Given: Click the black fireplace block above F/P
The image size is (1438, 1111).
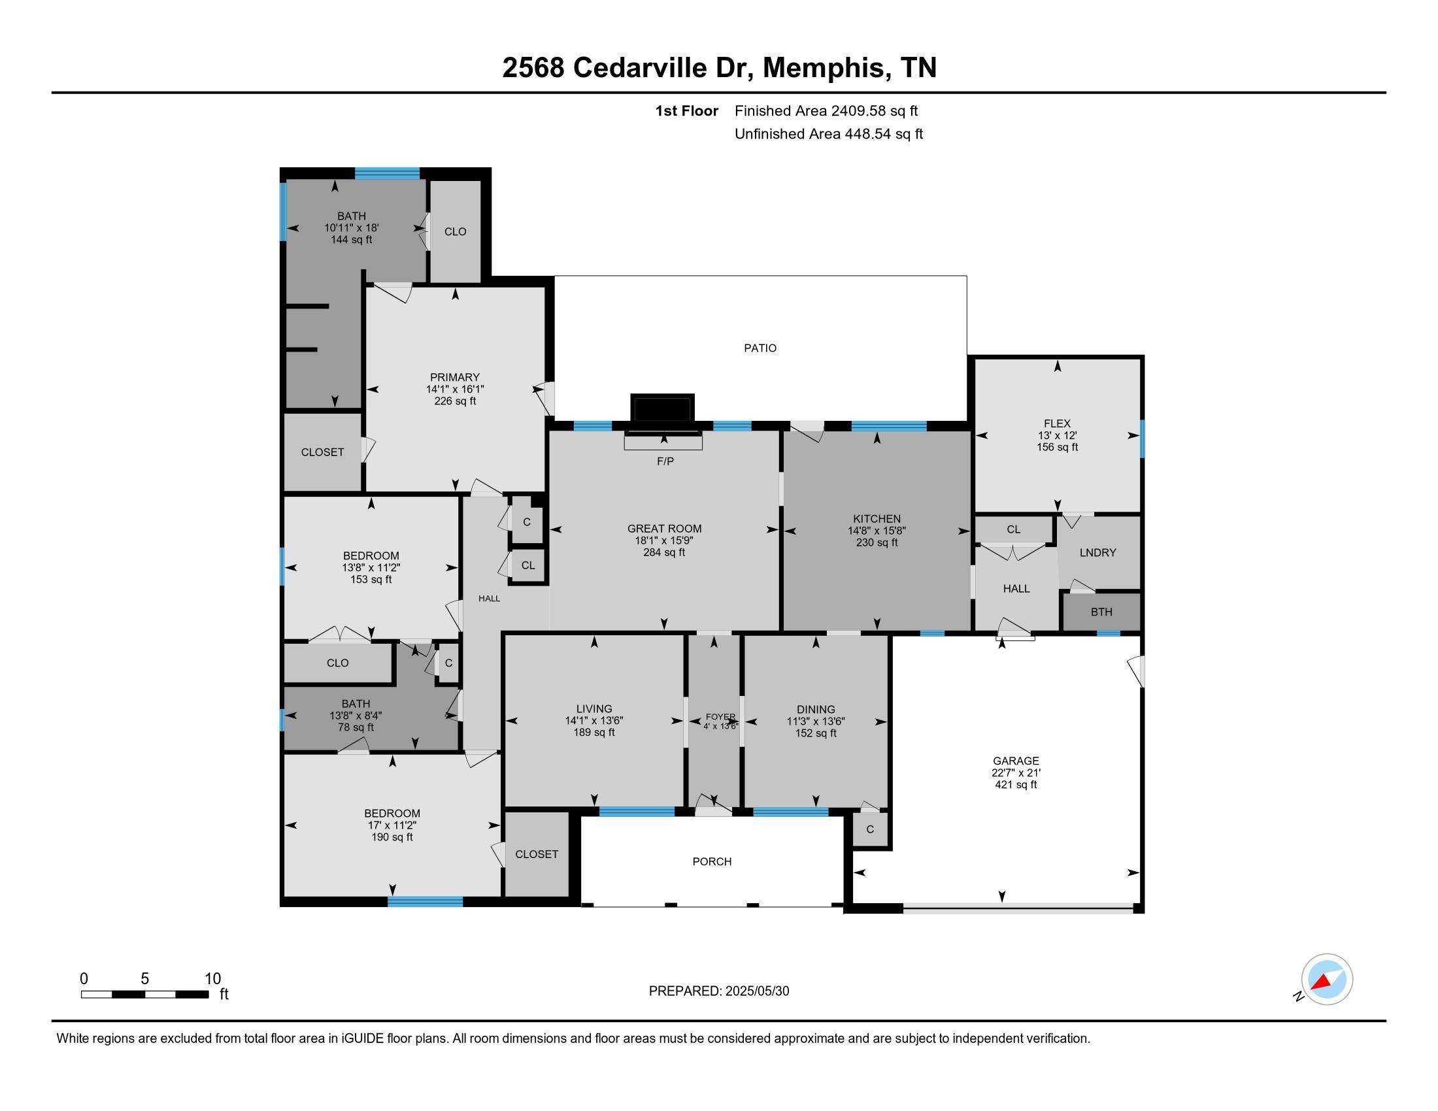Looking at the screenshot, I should (662, 408).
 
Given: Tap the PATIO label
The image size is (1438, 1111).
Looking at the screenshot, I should (760, 348).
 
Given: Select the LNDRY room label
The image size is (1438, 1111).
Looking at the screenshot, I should (1097, 553).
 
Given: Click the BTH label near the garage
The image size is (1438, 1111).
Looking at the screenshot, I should (1101, 612).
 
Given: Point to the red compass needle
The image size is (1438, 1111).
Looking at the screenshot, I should (1320, 983).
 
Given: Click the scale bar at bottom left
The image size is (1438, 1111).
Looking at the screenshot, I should (145, 994).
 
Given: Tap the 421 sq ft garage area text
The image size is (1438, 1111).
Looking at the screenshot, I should (1015, 784).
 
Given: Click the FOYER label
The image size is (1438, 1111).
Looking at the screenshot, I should (720, 717).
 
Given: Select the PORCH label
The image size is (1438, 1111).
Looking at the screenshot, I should (712, 861).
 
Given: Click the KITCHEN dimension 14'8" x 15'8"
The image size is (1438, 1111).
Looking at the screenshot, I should (877, 531).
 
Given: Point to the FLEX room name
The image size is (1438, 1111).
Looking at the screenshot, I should (1057, 423).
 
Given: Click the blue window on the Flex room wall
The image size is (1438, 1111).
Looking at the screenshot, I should (1143, 439).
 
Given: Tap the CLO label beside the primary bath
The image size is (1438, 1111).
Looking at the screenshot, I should (455, 232).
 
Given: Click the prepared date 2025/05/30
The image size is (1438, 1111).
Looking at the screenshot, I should (756, 991).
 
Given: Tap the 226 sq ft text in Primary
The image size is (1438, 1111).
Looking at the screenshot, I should (454, 401).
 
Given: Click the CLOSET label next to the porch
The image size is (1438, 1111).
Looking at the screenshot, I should (537, 854).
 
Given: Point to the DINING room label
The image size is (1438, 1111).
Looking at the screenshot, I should (816, 709).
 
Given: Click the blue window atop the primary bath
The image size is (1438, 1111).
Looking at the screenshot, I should (387, 174).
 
